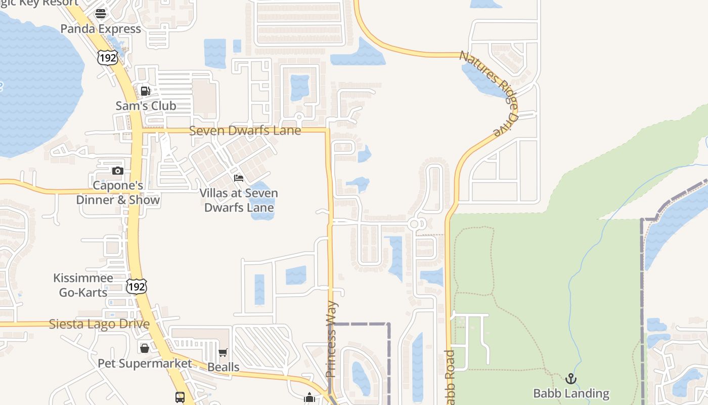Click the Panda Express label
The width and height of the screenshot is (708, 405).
coord(101,29)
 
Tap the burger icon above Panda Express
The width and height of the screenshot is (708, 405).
coord(101,13)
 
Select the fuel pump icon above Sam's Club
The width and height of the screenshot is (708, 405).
coord(146,91)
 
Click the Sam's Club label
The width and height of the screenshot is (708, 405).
coord(146,106)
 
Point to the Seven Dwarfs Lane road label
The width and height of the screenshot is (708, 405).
coord(245,131)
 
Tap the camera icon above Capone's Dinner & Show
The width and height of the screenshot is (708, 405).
coord(118,171)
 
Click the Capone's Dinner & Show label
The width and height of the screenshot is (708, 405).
coord(118,193)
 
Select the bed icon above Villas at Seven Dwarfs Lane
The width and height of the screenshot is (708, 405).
coord(239,178)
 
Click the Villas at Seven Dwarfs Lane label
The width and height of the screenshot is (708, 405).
coord(239,200)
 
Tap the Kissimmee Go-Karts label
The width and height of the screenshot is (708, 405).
coord(83,285)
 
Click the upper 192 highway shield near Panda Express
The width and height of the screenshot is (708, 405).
coord(108,58)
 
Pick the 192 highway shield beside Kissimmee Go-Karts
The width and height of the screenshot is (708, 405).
coord(137,287)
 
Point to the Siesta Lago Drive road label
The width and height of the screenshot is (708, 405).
coord(99,324)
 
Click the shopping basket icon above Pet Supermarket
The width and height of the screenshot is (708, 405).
coord(145,348)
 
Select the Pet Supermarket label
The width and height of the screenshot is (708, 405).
coord(145,363)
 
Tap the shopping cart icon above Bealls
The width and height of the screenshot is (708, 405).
coord(223,352)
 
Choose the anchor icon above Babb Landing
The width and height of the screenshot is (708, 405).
coord(571,379)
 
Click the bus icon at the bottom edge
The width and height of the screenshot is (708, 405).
coord(180,397)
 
